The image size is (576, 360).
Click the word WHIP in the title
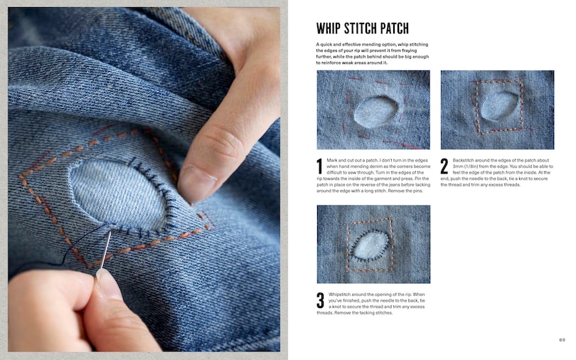(327, 28)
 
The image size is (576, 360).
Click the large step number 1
(319, 166)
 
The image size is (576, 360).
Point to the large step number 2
(444, 166)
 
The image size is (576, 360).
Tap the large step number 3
(320, 300)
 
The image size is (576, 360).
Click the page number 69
(562, 340)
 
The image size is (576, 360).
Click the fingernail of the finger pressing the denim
(196, 184)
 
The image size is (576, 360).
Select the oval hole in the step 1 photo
(375, 112)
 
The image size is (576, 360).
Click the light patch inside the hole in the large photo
(117, 194)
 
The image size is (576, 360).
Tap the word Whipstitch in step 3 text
(339, 295)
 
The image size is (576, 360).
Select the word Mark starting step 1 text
(331, 160)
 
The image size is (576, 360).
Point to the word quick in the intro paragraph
(326, 44)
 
